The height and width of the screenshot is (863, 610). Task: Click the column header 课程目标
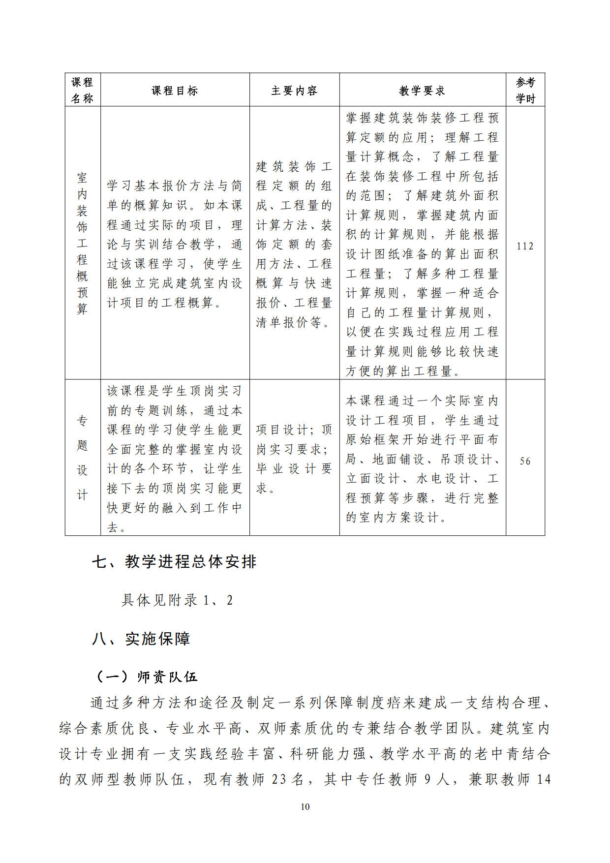pos(175,91)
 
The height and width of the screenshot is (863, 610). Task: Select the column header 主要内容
pos(294,91)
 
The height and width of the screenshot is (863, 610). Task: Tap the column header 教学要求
pos(422,91)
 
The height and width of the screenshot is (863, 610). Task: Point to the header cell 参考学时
pos(525,90)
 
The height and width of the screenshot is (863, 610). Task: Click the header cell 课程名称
pos(82,90)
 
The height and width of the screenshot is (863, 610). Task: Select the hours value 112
pos(525,246)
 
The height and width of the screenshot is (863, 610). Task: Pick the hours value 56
pos(525,461)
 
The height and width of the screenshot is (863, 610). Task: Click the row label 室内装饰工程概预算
pos(82,243)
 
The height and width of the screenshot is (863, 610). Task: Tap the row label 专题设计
pos(82,458)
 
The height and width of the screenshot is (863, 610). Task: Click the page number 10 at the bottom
pos(305,806)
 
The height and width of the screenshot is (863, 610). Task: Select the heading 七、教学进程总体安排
pos(174,561)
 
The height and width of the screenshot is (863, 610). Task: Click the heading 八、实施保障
pos(141,639)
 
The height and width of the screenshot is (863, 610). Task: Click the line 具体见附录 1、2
pos(177,600)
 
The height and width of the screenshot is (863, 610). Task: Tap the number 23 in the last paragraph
pos(279,779)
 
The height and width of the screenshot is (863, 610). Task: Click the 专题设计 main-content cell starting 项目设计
pos(294,459)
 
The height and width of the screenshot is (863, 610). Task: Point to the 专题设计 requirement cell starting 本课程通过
pos(422,459)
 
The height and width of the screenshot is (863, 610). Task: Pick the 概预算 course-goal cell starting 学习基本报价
pos(175,244)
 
